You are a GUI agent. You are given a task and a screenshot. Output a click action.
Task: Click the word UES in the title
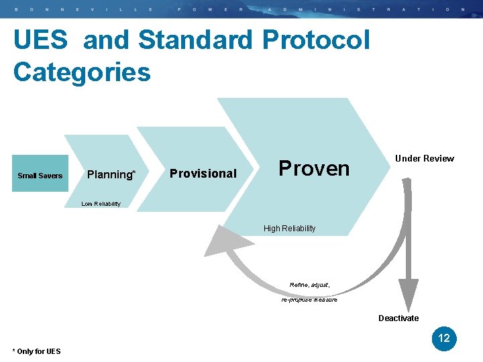(x=40, y=40)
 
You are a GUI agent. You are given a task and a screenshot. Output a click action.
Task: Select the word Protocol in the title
(x=316, y=40)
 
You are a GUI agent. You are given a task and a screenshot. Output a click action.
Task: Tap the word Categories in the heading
(x=82, y=72)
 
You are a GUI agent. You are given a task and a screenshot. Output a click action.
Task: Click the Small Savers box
(x=40, y=175)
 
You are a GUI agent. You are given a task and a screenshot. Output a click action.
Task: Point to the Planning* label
(x=111, y=174)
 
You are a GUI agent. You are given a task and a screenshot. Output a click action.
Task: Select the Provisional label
(x=203, y=174)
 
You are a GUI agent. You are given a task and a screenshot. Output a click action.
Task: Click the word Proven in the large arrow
(x=314, y=168)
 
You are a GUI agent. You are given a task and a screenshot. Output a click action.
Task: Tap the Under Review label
(x=424, y=158)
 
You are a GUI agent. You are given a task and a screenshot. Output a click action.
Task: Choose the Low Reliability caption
(x=101, y=204)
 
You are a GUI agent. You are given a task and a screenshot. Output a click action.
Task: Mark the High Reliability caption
(x=289, y=229)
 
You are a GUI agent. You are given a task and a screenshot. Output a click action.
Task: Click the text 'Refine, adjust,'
(x=309, y=286)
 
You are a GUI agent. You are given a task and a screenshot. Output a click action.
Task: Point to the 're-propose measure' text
(x=309, y=300)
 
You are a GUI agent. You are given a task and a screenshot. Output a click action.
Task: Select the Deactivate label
(x=398, y=318)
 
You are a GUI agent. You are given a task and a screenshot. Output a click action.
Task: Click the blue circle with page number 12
(x=444, y=339)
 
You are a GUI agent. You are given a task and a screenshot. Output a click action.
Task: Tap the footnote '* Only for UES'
(x=36, y=351)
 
